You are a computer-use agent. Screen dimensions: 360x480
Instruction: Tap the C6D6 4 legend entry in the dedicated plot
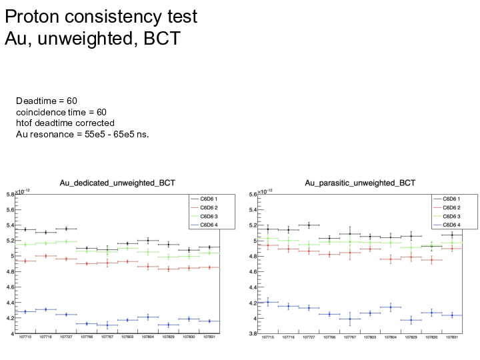click(x=206, y=225)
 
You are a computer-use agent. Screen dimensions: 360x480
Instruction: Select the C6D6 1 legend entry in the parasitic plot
click(x=449, y=199)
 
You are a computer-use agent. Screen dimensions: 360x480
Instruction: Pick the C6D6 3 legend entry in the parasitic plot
click(x=449, y=216)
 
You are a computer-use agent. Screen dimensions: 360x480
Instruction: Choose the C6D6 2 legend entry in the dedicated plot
click(x=206, y=207)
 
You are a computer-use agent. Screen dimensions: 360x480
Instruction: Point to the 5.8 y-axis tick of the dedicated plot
click(x=11, y=195)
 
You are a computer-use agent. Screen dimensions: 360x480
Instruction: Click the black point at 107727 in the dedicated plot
click(x=66, y=229)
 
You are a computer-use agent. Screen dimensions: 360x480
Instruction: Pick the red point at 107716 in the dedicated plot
click(x=45, y=256)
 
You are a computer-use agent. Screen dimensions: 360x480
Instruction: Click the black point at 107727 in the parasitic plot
click(x=309, y=225)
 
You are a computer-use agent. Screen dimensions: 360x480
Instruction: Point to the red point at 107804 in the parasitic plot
click(x=391, y=259)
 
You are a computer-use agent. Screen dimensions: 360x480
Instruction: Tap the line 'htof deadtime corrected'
click(x=65, y=123)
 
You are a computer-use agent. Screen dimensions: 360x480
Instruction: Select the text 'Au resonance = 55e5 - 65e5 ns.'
click(x=83, y=134)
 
